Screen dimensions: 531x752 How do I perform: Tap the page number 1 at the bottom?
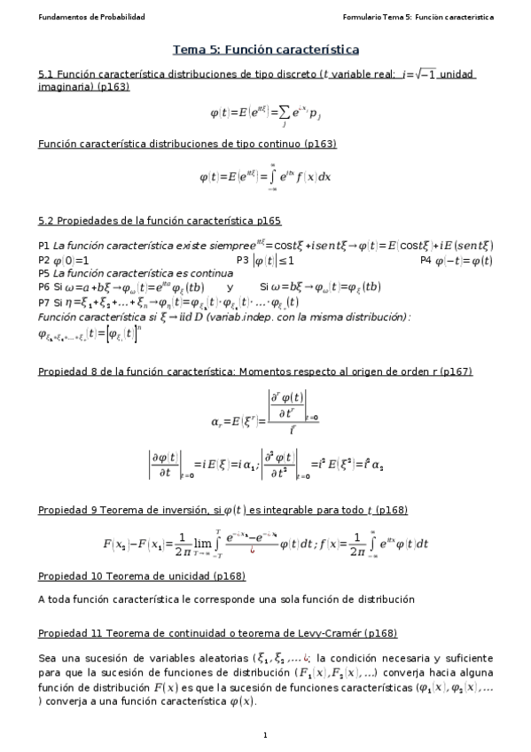tap(265, 735)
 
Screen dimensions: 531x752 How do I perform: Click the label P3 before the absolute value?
tap(244, 261)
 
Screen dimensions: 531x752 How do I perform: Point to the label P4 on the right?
tap(427, 261)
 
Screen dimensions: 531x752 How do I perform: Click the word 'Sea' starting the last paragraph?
tap(48, 658)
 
